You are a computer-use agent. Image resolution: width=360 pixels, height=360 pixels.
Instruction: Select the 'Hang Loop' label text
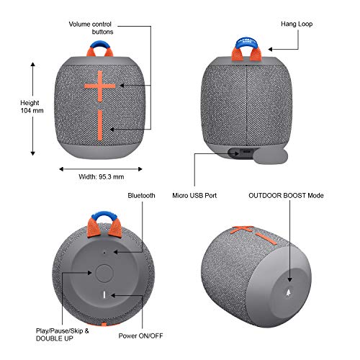[x=296, y=24]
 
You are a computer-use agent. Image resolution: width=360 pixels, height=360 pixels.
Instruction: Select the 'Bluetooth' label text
[x=142, y=195]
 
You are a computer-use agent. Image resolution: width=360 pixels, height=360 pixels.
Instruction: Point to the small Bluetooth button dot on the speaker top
[x=105, y=253]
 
